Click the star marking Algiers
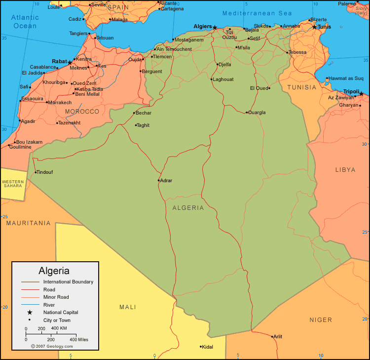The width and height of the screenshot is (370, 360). click(215, 27)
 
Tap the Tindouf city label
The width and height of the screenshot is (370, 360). click(45, 172)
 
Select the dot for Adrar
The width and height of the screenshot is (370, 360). click(159, 180)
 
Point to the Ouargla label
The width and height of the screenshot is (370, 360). click(257, 113)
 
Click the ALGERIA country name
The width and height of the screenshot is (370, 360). click(188, 208)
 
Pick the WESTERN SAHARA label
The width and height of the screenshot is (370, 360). click(13, 184)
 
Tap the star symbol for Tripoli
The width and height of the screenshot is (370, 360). click(361, 94)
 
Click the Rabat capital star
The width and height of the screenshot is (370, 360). click(70, 63)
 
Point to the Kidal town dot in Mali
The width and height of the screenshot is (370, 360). click(201, 346)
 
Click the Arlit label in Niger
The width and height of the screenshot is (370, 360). click(278, 337)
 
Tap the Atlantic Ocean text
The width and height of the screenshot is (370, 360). click(25, 22)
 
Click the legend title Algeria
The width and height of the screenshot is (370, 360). click(54, 271)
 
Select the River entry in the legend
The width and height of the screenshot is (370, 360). click(49, 305)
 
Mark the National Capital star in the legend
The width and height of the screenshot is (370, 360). click(30, 312)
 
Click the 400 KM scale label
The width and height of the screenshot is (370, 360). click(59, 328)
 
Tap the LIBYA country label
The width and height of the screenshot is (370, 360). click(345, 170)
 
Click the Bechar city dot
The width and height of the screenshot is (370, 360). click(134, 113)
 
